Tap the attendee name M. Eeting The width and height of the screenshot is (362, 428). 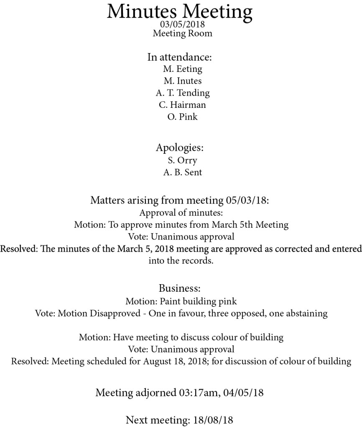[x=182, y=69]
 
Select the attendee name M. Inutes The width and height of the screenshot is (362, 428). [x=182, y=81]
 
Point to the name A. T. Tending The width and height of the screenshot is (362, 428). [x=182, y=93]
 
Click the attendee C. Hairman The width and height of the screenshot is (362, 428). [x=182, y=104]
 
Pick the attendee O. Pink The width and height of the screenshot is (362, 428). [x=182, y=117]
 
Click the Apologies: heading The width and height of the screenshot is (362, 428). [x=180, y=148]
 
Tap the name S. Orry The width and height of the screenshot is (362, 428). [x=182, y=160]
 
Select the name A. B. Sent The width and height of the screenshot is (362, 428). [x=182, y=172]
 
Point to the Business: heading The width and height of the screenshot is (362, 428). [x=180, y=288]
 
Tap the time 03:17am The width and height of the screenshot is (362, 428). [x=191, y=393]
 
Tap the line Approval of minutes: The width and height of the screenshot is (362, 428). [x=181, y=213]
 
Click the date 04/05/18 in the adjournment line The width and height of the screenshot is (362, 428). [x=244, y=393]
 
